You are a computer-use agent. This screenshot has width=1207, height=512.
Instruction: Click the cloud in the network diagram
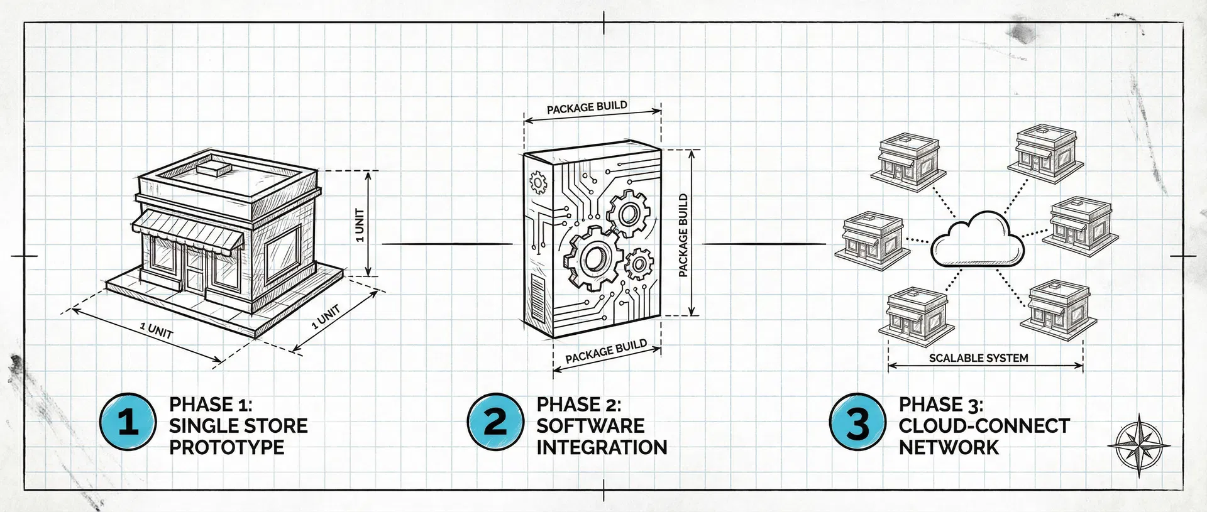click(x=976, y=242)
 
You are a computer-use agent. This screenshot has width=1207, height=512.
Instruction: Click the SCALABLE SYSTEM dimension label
click(x=978, y=358)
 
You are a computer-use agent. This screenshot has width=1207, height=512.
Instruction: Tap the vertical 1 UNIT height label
click(x=360, y=224)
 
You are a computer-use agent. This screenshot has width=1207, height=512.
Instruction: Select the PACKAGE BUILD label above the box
click(x=587, y=107)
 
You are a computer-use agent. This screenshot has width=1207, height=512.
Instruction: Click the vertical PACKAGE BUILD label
click(x=683, y=235)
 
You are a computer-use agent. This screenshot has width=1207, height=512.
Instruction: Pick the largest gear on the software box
click(x=592, y=258)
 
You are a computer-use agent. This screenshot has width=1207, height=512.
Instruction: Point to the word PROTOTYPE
click(x=226, y=447)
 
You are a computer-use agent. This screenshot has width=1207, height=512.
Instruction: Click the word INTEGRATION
click(x=602, y=447)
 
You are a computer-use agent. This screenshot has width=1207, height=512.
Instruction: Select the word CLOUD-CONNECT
click(x=984, y=426)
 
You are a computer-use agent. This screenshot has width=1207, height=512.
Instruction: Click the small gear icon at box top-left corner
click(x=539, y=183)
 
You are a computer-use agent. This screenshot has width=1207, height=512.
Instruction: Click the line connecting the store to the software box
click(x=446, y=243)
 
